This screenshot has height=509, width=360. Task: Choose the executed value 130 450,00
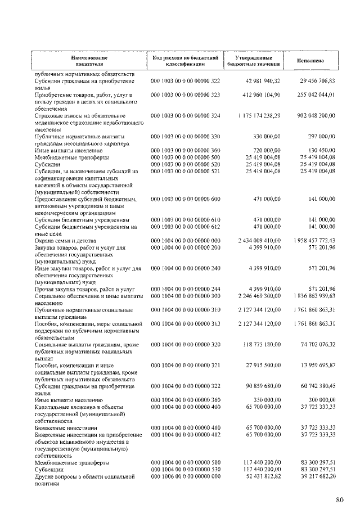coord(321,151)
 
